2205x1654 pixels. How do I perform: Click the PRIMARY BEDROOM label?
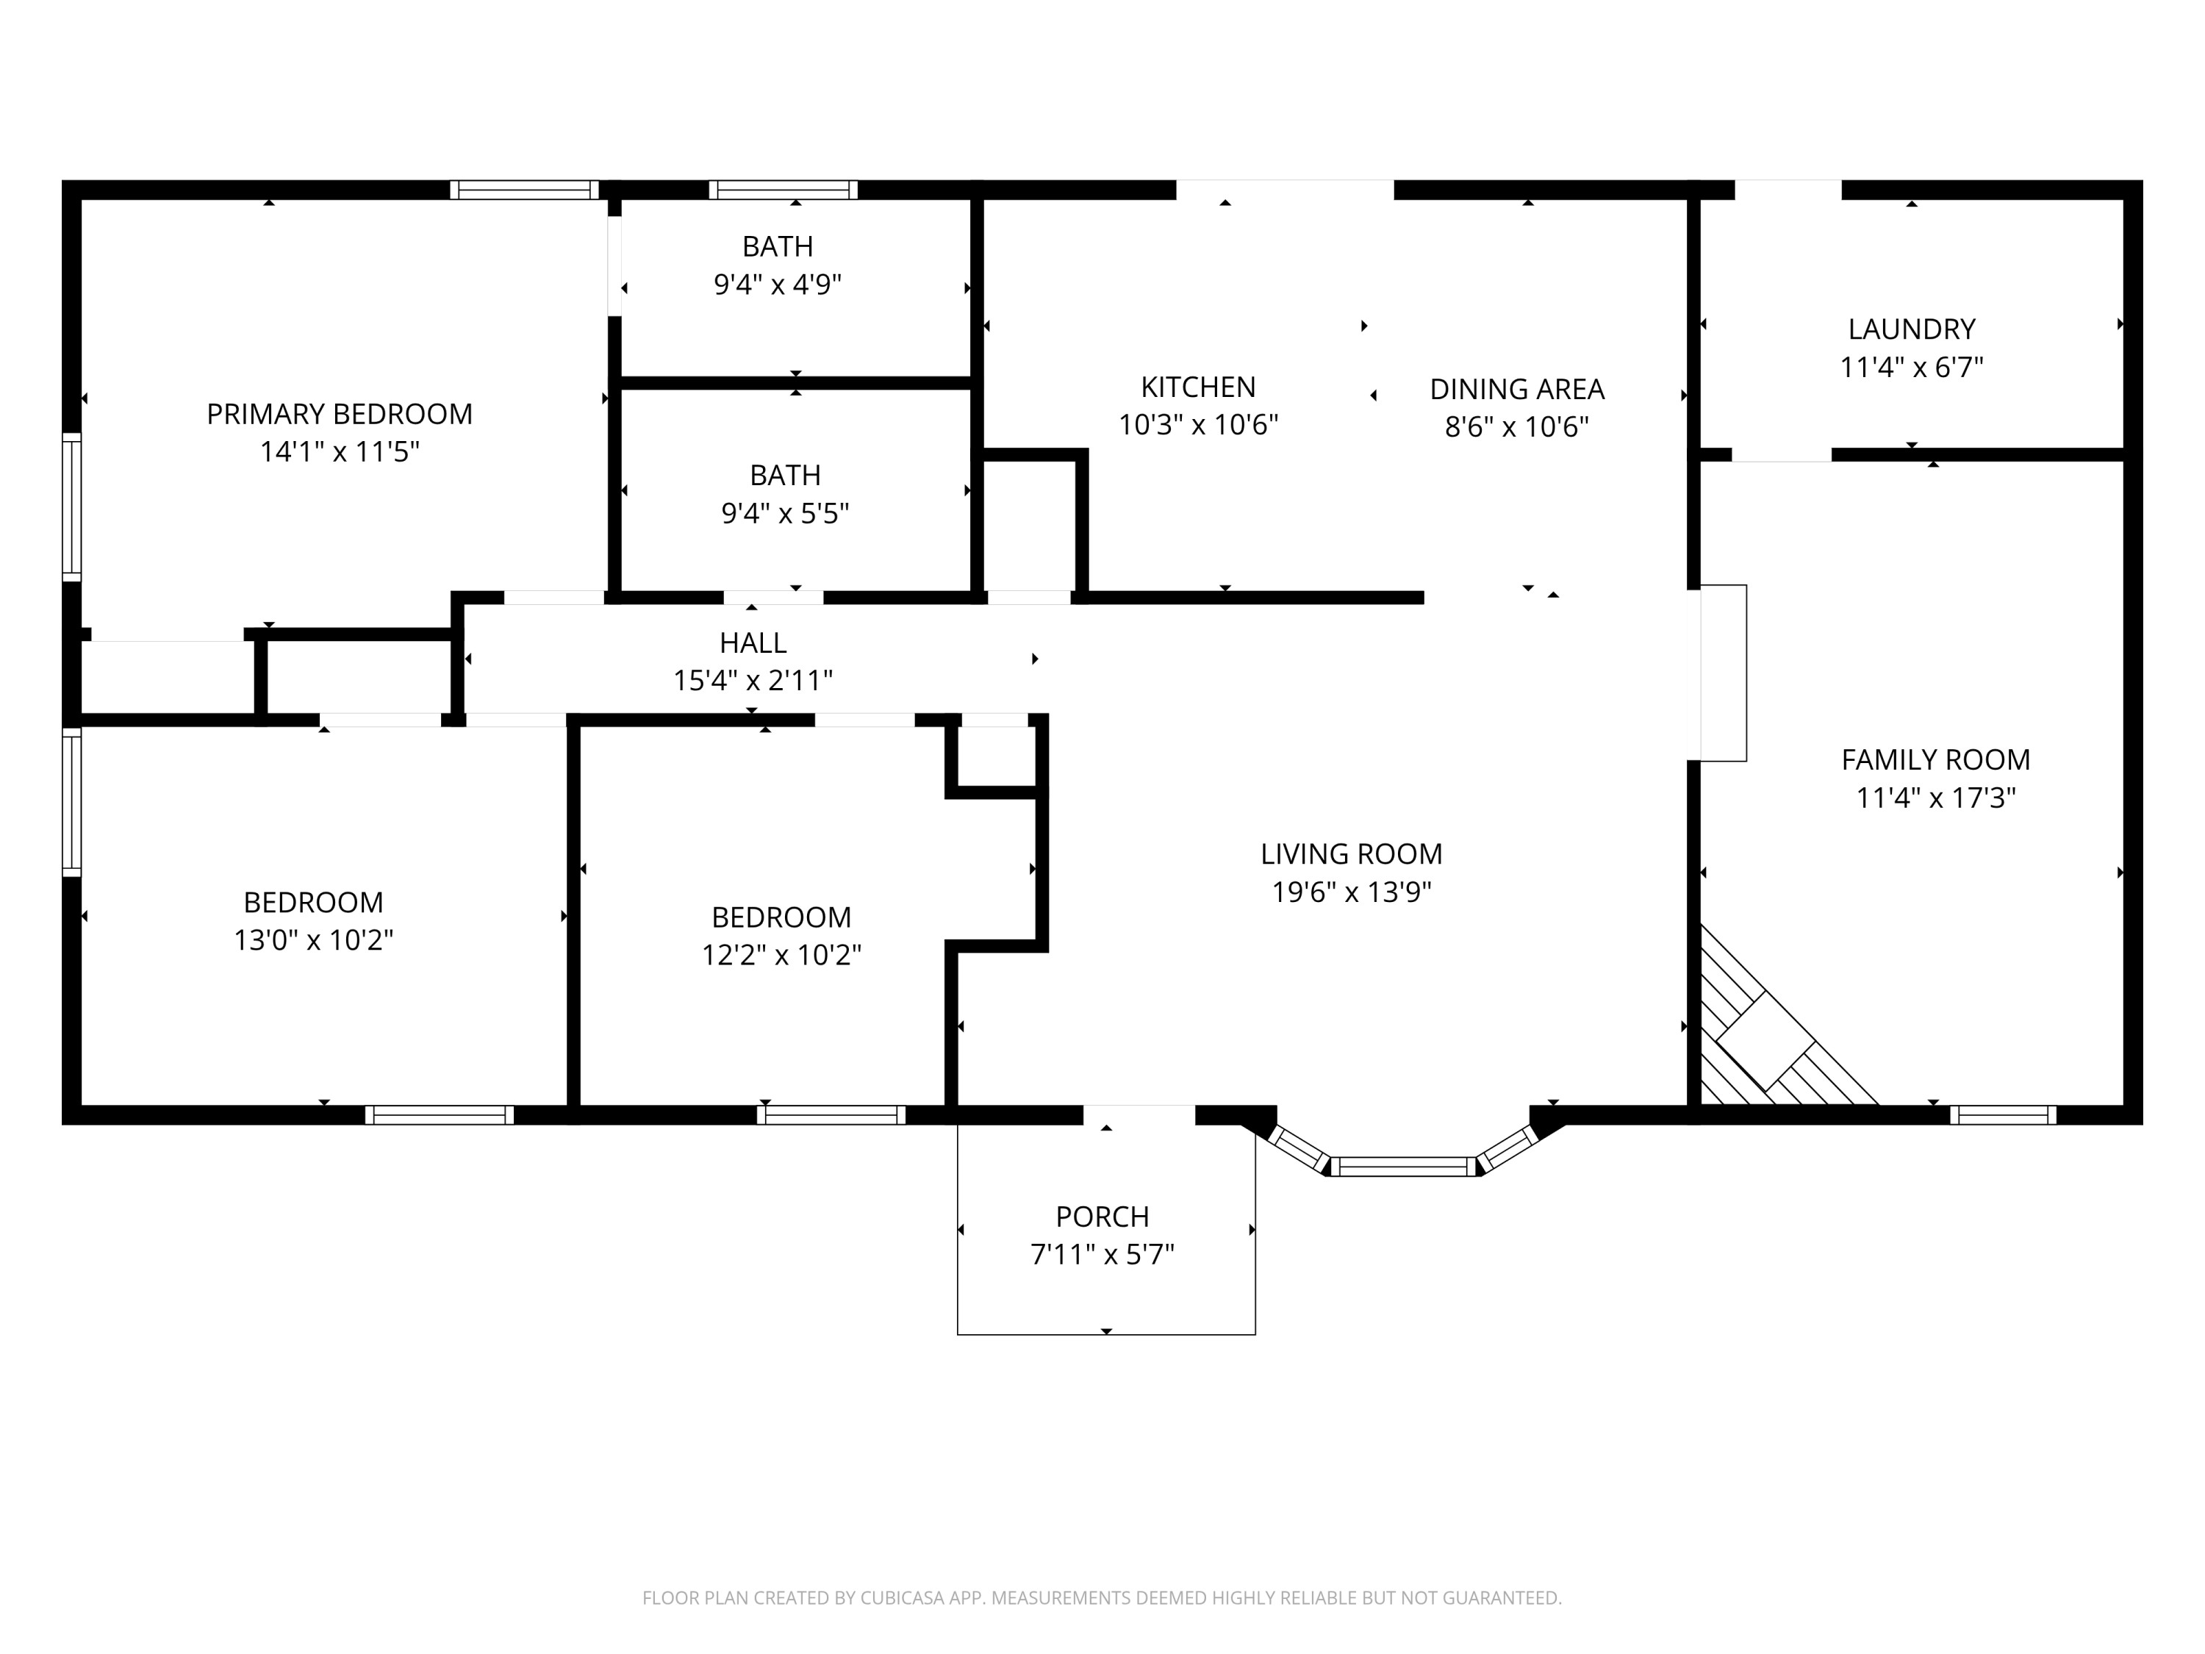(x=339, y=414)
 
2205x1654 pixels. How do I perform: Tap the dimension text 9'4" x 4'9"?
(x=778, y=285)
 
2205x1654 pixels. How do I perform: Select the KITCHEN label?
(x=1197, y=387)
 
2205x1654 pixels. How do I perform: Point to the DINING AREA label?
(x=1516, y=389)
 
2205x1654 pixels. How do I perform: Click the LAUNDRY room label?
(x=1911, y=329)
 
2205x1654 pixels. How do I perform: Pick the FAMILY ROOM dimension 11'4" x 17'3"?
(x=1935, y=798)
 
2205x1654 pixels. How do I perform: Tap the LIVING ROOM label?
(x=1351, y=853)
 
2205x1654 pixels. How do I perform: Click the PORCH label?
(x=1102, y=1217)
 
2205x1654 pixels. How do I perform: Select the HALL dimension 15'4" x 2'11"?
(x=753, y=681)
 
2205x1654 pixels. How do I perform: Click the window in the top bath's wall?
(x=783, y=190)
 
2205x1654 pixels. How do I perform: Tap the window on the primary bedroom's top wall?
(x=523, y=190)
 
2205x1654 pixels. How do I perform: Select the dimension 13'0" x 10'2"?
(x=313, y=940)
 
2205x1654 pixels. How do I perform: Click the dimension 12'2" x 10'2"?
(x=781, y=955)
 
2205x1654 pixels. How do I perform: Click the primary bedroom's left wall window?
(x=72, y=506)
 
